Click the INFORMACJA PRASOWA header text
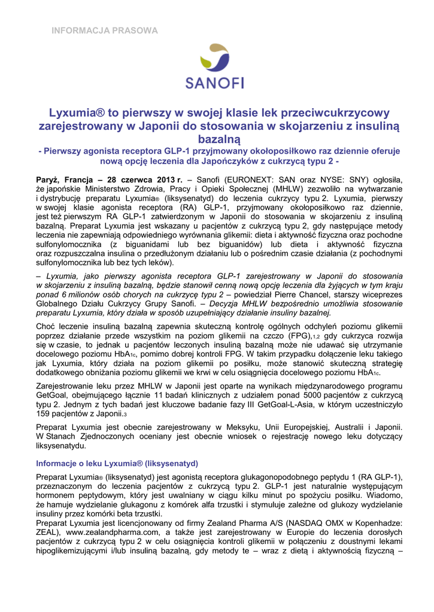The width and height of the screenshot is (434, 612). pyautogui.click(x=104, y=30)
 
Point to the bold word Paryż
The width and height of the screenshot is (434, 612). pyautogui.click(x=48, y=179)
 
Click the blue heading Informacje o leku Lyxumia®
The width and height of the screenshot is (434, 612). pyautogui.click(x=117, y=463)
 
